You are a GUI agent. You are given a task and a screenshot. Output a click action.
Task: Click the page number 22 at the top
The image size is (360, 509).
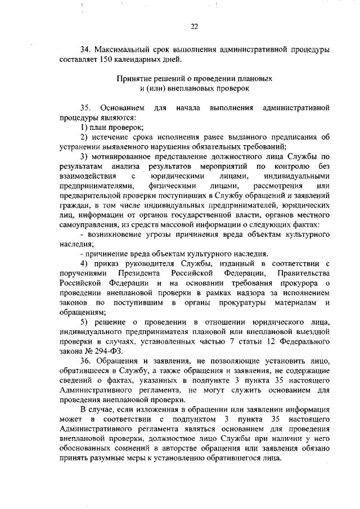pos(195,25)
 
